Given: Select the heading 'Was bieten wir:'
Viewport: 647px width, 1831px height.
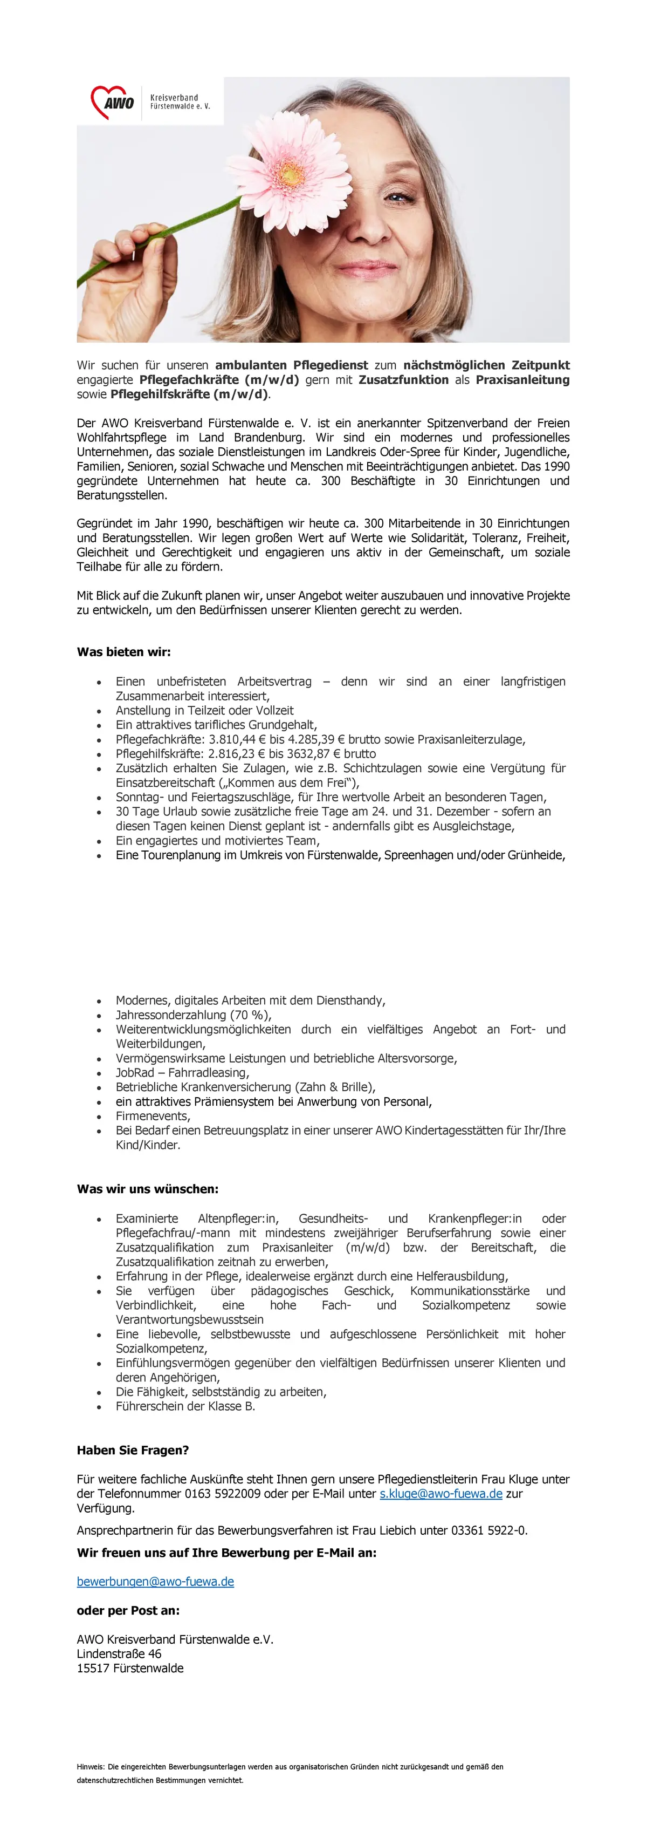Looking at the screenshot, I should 123,652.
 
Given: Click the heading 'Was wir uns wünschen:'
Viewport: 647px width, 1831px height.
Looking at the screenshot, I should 148,1188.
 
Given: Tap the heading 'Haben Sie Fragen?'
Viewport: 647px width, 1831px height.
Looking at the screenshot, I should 133,1450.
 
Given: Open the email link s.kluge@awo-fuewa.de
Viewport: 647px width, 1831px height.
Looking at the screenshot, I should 440,1493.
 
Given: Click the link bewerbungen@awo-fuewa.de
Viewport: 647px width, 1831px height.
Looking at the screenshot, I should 155,1582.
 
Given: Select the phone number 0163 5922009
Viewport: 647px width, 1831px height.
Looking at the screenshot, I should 222,1493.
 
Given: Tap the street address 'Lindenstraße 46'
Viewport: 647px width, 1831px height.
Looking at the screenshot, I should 119,1653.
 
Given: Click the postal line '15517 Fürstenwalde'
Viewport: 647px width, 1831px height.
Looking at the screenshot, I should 130,1667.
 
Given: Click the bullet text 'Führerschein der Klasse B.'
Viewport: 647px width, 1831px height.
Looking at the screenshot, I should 184,1406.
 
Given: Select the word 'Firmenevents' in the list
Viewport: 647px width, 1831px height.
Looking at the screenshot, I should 152,1116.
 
